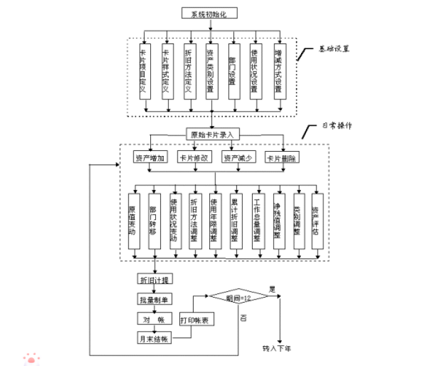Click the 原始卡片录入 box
point(212,134)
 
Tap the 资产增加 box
point(150,158)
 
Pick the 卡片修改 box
point(194,158)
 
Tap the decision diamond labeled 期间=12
point(238,298)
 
